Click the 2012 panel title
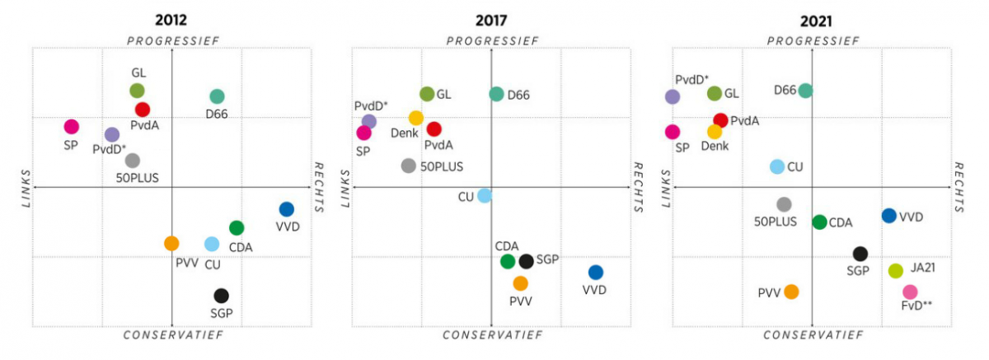[x=170, y=20]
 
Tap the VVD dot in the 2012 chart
[x=286, y=209]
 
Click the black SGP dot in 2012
[x=221, y=296]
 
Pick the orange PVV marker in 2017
[x=520, y=283]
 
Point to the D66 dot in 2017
[x=496, y=94]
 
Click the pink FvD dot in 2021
[x=910, y=292]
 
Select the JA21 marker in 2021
[x=896, y=270]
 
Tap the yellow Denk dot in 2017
[x=416, y=118]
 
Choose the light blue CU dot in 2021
[x=776, y=166]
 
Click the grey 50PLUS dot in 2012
[x=133, y=161]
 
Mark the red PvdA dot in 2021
[x=720, y=120]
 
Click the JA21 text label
[x=923, y=269]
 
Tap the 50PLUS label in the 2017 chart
[x=442, y=166]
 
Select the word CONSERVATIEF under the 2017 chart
[x=492, y=335]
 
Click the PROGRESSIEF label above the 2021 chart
[x=813, y=40]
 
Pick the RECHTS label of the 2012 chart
[x=318, y=188]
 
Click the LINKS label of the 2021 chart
[x=664, y=188]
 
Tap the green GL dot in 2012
[x=137, y=91]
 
